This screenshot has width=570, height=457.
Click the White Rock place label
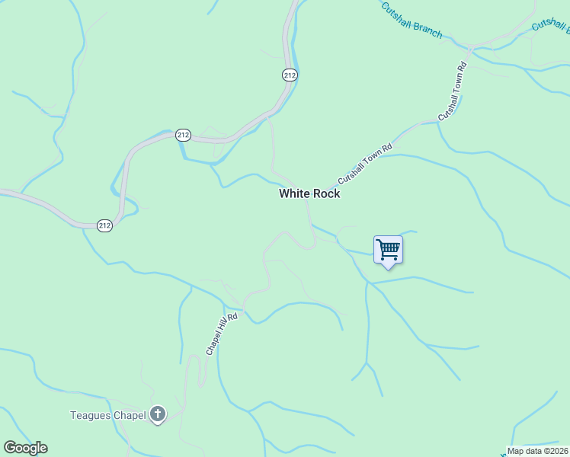309,193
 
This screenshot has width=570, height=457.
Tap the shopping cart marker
388,249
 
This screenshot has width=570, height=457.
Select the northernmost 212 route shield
290,75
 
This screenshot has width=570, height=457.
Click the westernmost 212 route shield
105,225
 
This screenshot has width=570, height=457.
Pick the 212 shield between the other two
183,135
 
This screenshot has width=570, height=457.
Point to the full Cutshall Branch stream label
411,20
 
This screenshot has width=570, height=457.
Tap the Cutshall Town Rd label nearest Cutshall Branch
452,91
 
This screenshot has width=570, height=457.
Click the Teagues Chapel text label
108,415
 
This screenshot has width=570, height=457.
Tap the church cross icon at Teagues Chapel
158,415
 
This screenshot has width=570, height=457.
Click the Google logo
25,448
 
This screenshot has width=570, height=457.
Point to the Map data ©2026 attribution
538,451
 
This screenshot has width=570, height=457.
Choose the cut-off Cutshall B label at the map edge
551,26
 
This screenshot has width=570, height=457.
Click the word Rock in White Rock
327,193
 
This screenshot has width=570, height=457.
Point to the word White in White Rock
294,193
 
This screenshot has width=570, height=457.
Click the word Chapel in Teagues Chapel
130,415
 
